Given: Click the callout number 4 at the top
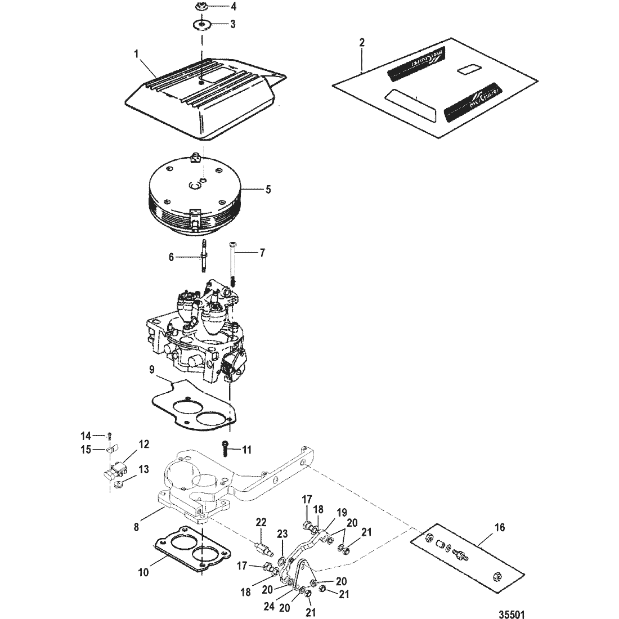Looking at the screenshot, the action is [x=234, y=7].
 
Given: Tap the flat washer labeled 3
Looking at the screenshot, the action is [x=202, y=25].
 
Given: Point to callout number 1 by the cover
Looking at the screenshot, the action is [x=137, y=53].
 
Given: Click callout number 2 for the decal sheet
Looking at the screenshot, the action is [x=362, y=43].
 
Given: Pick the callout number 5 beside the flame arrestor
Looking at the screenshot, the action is [x=268, y=190].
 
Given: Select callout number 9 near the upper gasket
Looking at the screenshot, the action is [x=151, y=370].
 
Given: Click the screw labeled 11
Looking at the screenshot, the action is [x=225, y=449].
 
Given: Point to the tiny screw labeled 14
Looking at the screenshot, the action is [x=109, y=436].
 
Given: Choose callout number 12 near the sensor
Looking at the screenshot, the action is [x=144, y=445].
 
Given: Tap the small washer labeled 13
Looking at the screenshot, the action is [x=117, y=484].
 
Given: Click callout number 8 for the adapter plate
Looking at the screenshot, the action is [x=136, y=527].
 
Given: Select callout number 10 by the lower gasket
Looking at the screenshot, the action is [x=143, y=572].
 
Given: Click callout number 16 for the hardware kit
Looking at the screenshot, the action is [x=499, y=527].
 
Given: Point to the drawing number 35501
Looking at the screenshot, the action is [x=512, y=614].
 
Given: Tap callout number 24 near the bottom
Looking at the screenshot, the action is [x=269, y=607].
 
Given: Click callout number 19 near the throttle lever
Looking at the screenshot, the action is [x=342, y=513].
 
